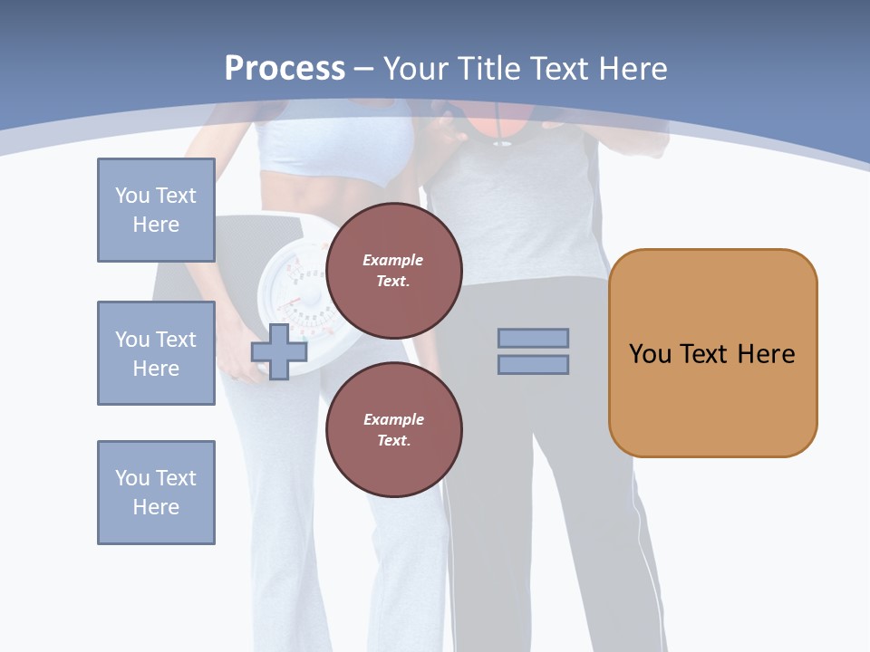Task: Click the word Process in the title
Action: pos(285,68)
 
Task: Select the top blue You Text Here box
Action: pos(156,210)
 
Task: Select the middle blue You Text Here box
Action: pos(156,353)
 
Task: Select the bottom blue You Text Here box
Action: pos(156,493)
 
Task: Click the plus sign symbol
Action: pos(279,351)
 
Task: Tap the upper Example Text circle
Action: pos(393,270)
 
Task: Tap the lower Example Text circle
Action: pos(393,429)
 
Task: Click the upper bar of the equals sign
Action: pos(533,338)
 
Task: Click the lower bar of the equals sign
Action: pos(533,364)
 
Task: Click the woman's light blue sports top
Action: pos(335,145)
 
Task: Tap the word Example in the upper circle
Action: pos(393,260)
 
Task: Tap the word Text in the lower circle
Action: pos(393,440)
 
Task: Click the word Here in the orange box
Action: pos(766,353)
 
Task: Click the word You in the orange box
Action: pos(650,353)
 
